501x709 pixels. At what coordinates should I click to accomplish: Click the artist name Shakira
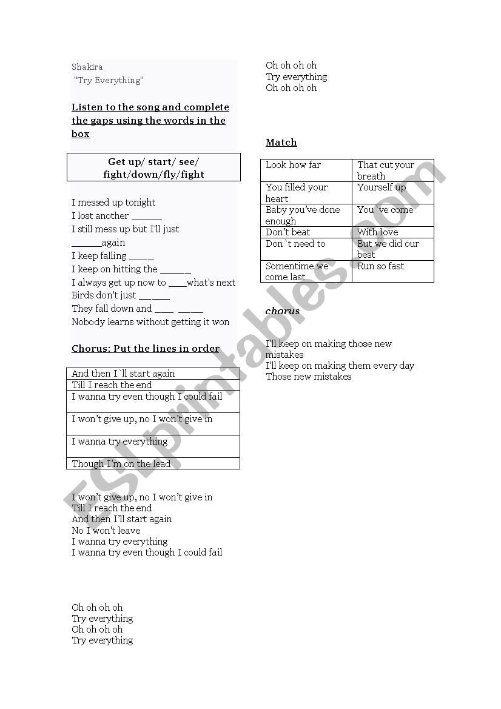pos(87,67)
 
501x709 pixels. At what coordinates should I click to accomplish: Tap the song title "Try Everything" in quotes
pos(109,80)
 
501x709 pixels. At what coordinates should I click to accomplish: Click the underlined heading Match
pos(281,143)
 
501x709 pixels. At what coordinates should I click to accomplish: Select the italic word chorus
pos(283,311)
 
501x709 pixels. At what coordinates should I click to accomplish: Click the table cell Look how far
pos(293,165)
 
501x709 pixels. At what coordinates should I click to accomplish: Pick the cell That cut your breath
pos(386,170)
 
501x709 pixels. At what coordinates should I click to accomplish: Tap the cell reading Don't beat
pos(287,232)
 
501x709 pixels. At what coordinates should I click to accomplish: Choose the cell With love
pos(378,232)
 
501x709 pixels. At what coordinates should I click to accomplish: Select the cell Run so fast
pos(380,266)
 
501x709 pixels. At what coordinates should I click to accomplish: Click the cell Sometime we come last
pos(297,272)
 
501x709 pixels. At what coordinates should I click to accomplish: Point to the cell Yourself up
pos(382,187)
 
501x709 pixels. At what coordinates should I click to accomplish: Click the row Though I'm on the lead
pos(121,464)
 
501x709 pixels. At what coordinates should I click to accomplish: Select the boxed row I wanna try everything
pos(119,442)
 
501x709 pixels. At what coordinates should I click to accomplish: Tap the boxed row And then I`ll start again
pos(123,374)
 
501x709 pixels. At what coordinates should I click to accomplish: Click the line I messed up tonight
pos(113,203)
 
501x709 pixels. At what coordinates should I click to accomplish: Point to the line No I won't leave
pos(106,531)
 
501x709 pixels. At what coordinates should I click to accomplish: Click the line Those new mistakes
pos(309,377)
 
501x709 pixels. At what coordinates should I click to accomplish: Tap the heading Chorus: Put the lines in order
pos(146,349)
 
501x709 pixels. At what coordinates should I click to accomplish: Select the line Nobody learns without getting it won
pos(150,322)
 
